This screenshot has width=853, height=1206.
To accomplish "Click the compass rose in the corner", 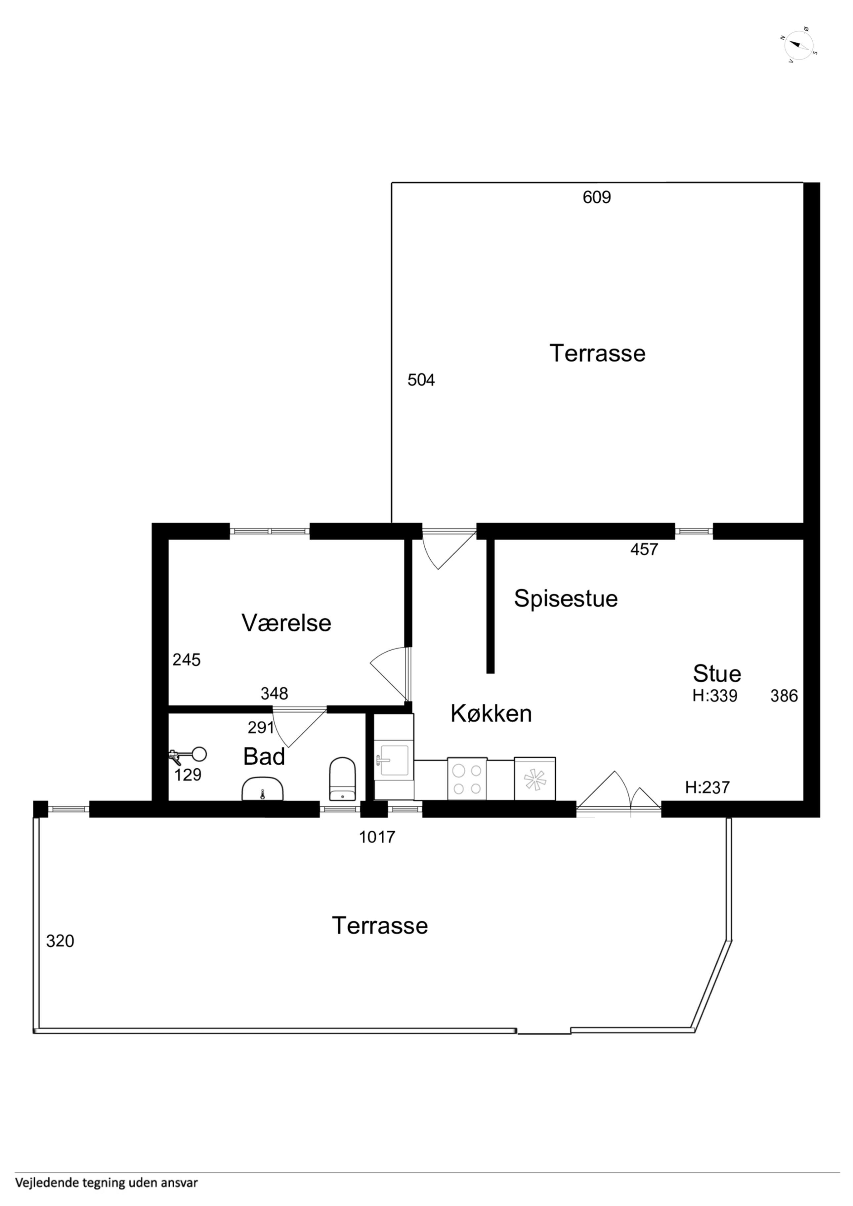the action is coord(799,45).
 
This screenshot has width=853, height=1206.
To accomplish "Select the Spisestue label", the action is coord(566,599).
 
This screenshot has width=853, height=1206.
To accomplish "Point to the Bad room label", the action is coord(264,756).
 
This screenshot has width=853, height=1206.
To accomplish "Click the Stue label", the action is coord(717,673).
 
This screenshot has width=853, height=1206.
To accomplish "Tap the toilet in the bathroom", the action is coord(342,779).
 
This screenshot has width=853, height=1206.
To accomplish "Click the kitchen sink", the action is coord(394,760).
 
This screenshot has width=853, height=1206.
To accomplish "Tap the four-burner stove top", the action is coord(467,779).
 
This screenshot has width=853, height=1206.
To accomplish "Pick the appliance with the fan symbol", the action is coord(534,779).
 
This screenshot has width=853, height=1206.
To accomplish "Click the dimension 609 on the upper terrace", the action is coord(597,197).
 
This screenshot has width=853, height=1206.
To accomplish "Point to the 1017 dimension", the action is coord(377,837).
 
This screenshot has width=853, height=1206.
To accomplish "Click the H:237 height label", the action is coord(707,787).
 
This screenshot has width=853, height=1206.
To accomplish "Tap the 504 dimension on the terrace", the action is coord(421,380).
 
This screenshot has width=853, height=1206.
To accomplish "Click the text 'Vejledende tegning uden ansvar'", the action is coord(107,1183).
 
